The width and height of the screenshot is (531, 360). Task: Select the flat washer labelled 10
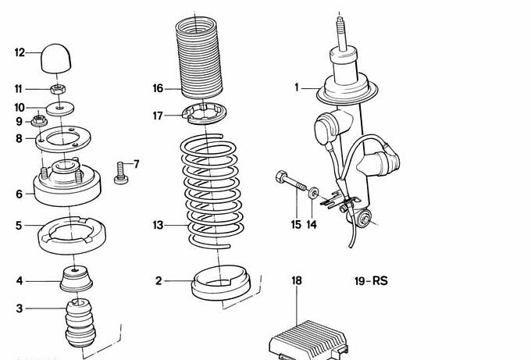(60, 107)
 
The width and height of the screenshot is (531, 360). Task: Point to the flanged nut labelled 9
(36, 121)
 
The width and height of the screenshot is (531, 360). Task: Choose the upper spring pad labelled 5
(72, 234)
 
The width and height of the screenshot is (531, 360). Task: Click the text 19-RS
(372, 280)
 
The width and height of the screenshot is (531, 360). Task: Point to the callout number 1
(297, 87)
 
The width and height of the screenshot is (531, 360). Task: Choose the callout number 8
(19, 138)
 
